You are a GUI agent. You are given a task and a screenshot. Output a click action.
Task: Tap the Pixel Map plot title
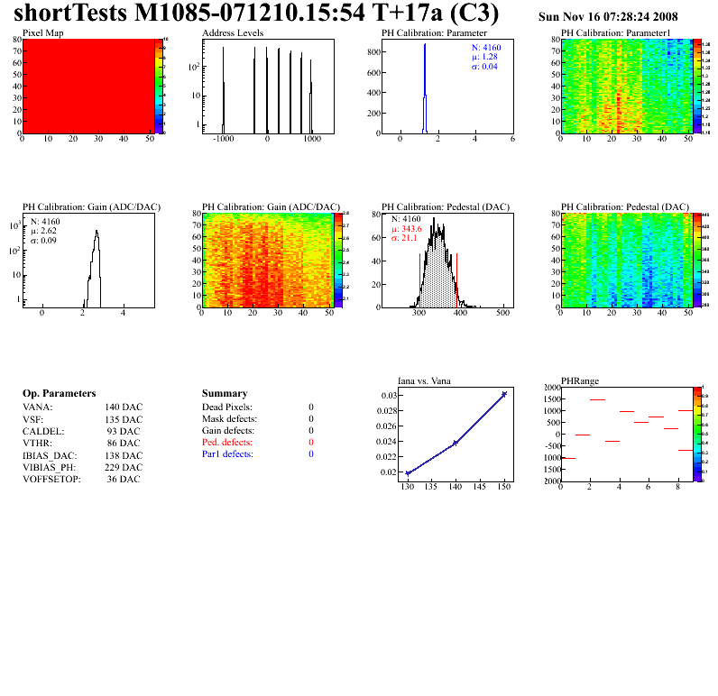click(x=43, y=33)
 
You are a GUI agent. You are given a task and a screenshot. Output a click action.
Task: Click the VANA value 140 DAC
click(x=124, y=407)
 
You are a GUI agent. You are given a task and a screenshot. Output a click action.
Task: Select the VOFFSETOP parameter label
click(x=51, y=479)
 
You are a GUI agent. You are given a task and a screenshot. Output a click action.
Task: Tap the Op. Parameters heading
click(x=59, y=394)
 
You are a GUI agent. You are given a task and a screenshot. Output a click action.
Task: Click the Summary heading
click(x=225, y=394)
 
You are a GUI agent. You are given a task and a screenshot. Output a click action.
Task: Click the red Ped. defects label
click(x=228, y=443)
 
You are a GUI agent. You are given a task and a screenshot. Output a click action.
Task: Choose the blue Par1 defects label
click(x=227, y=454)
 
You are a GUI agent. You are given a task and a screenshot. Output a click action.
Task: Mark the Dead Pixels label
click(x=227, y=408)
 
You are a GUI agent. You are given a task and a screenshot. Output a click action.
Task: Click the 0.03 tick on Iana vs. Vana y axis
click(x=387, y=396)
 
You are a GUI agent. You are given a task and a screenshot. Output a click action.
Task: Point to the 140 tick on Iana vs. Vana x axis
click(x=456, y=487)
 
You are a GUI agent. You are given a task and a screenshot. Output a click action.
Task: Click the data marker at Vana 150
click(x=504, y=394)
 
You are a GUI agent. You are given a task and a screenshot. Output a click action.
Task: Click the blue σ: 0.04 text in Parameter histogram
click(x=484, y=66)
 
